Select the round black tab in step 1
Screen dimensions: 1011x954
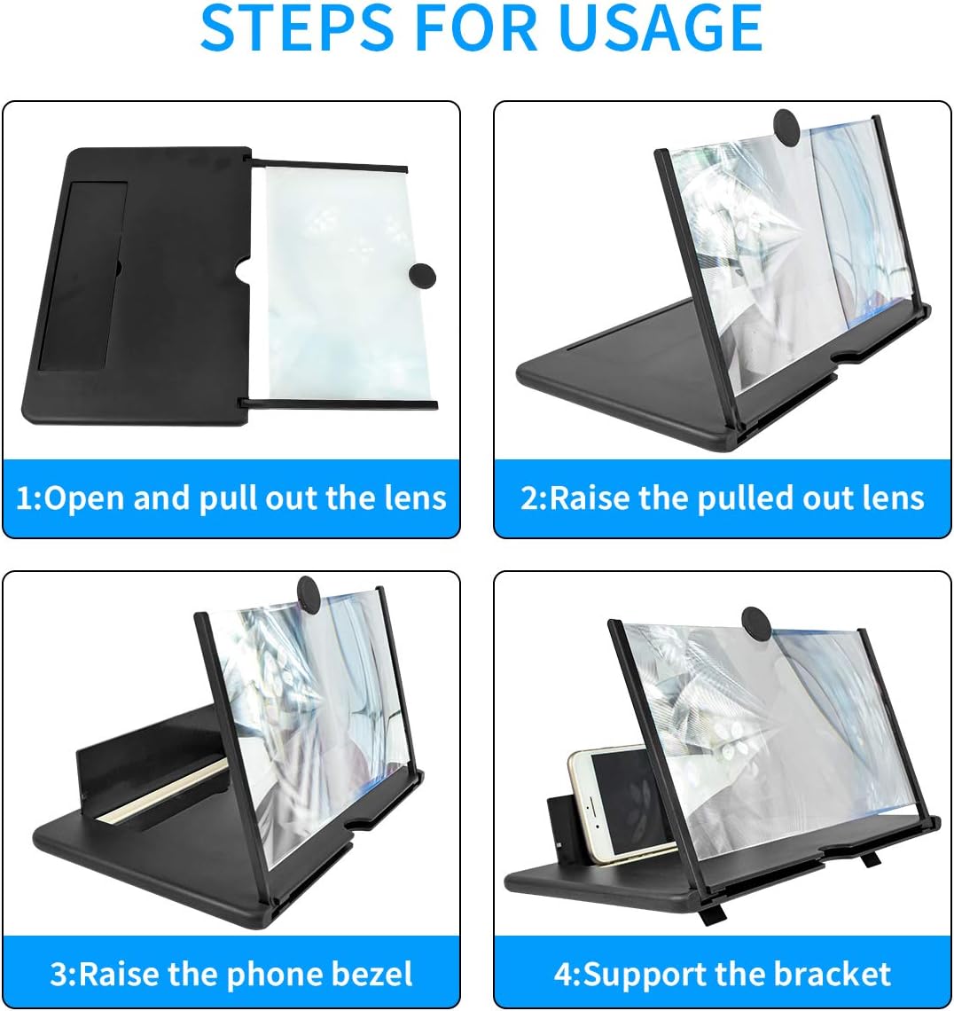(x=422, y=276)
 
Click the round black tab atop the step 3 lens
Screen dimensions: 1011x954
(x=309, y=592)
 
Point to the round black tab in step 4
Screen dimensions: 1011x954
(x=755, y=621)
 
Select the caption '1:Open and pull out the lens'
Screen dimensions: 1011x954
(x=231, y=498)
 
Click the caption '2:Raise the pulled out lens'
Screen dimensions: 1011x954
(x=722, y=498)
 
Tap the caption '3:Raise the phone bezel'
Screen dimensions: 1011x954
(x=231, y=974)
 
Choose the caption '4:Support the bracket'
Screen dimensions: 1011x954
(x=722, y=974)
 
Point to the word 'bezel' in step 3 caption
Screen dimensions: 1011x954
(x=372, y=974)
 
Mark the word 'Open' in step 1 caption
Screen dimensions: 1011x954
(x=85, y=498)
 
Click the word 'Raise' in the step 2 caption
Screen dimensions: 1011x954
(x=590, y=498)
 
